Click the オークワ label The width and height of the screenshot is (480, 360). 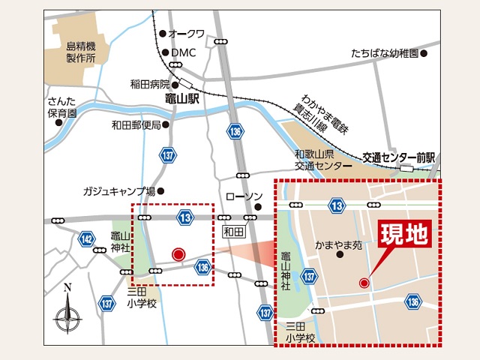pos(187,34)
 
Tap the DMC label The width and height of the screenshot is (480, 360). pos(183,52)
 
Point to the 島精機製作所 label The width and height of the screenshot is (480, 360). pos(81,51)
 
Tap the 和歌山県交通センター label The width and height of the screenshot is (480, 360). pos(322,159)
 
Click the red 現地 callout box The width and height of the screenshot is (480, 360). pos(405,234)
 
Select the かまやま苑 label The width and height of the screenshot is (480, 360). pos(338,244)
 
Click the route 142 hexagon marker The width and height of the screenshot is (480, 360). pos(87,239)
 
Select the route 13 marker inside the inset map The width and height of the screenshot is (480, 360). pos(337,205)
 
